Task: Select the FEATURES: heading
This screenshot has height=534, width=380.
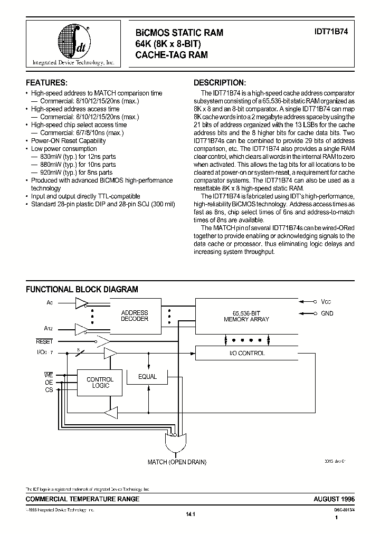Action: click(47, 83)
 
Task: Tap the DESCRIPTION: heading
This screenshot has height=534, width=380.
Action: click(220, 83)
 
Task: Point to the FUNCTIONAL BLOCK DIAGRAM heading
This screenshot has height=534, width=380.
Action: click(82, 289)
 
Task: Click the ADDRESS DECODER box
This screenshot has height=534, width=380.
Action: click(135, 316)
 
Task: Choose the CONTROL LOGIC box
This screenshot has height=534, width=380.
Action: click(100, 383)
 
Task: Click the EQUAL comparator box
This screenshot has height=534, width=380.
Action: click(147, 376)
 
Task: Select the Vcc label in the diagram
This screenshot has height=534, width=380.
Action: click(326, 302)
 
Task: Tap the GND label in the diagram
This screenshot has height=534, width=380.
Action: click(327, 313)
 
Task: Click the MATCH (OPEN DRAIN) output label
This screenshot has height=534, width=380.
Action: click(177, 462)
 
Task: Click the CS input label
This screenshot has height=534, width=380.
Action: click(49, 390)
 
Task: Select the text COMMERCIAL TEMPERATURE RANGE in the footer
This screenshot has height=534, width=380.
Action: click(83, 499)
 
